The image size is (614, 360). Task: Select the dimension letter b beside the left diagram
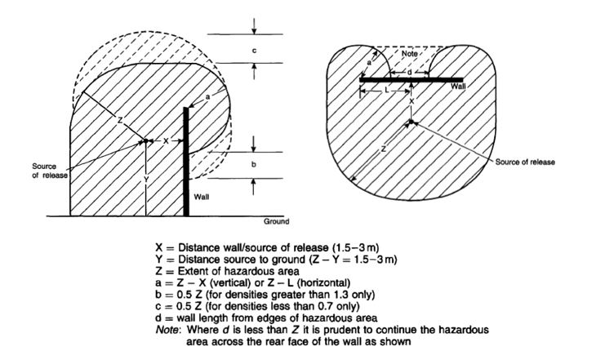tap(254, 165)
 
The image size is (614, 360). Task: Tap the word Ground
tap(276, 221)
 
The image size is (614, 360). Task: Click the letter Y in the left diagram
tap(145, 178)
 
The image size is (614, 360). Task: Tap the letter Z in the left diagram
tap(119, 120)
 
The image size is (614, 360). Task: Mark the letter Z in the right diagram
tap(383, 149)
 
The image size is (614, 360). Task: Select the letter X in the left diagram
tap(165, 140)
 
